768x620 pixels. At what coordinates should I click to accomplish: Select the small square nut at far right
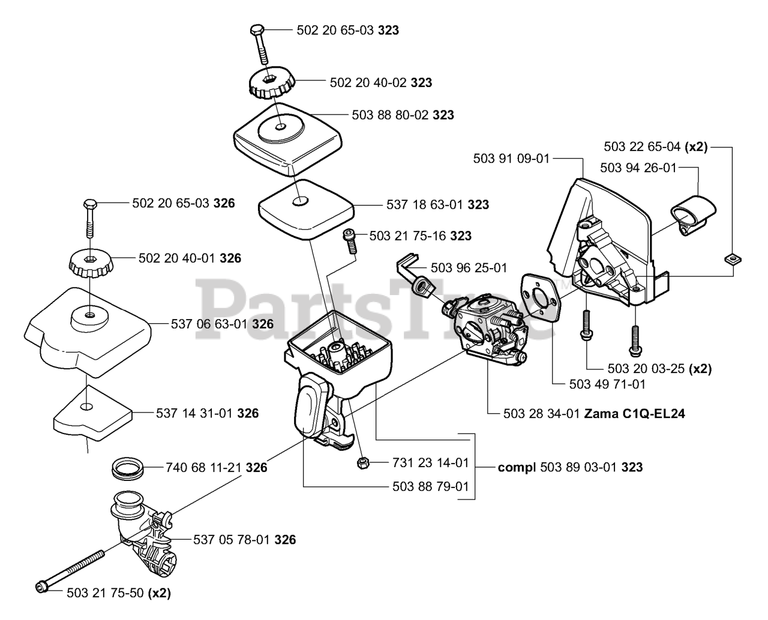click(731, 258)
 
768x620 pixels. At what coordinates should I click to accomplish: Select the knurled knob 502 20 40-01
click(89, 262)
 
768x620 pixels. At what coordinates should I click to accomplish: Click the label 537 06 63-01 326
click(222, 324)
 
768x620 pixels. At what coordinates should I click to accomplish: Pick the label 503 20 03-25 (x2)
click(650, 369)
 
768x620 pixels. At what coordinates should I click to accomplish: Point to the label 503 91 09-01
click(511, 158)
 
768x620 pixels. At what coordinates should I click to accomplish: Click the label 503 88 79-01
click(430, 486)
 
